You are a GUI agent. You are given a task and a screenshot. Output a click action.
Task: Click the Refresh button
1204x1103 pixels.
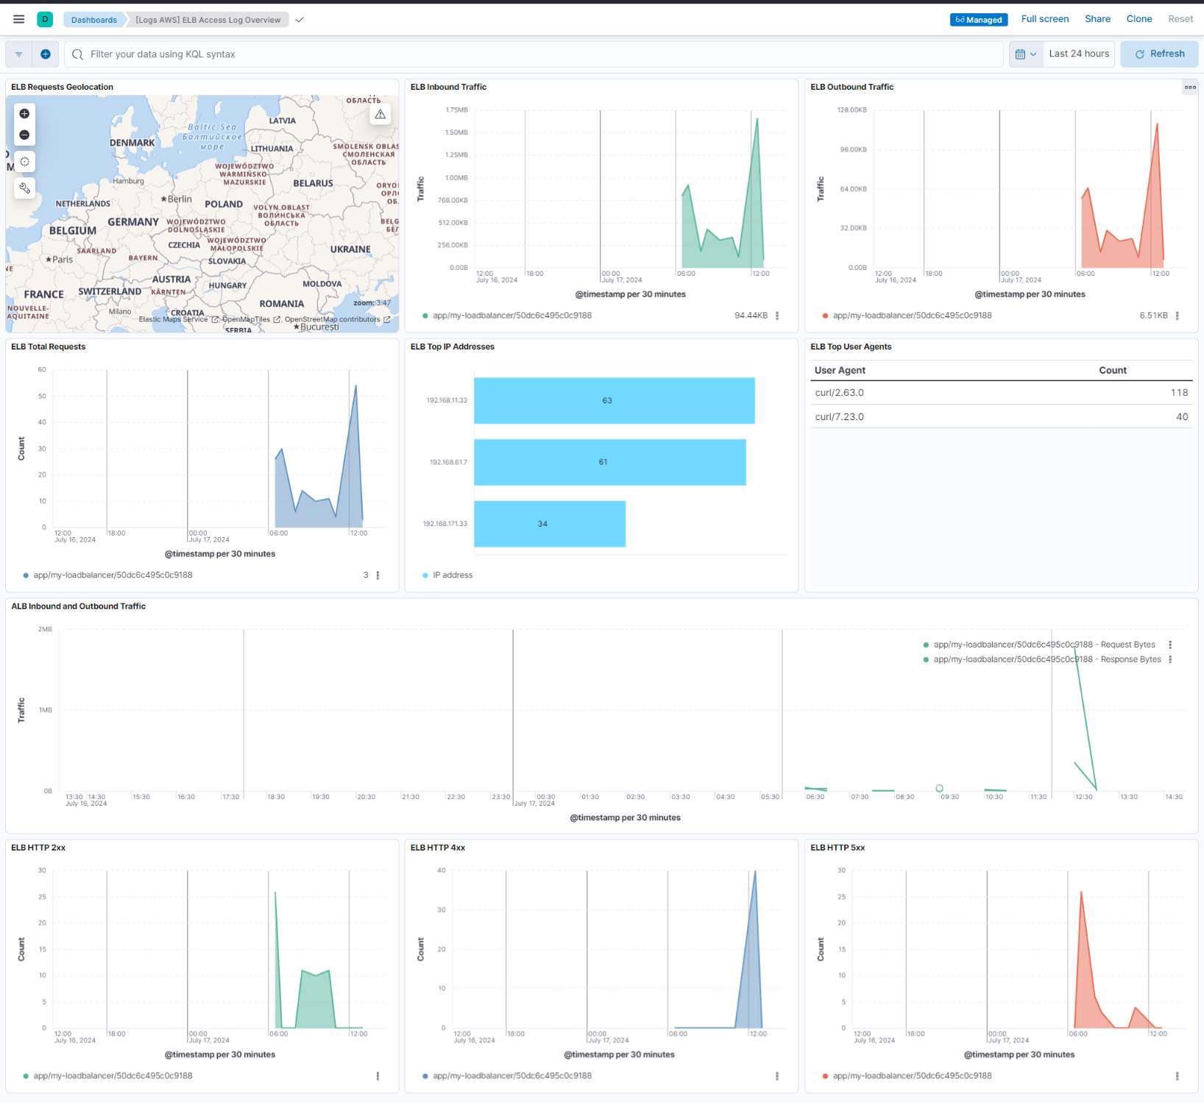click(1159, 54)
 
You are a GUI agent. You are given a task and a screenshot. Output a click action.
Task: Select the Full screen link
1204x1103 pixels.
click(1044, 19)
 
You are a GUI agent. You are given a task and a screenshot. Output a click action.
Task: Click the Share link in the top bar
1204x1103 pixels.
click(1097, 19)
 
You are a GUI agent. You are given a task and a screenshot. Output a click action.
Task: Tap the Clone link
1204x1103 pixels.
click(1139, 19)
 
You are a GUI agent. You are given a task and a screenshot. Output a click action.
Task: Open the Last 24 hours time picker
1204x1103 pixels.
click(1078, 54)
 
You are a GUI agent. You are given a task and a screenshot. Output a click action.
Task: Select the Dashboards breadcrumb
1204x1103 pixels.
click(93, 20)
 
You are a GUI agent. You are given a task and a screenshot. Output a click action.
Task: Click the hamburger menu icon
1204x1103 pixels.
click(19, 19)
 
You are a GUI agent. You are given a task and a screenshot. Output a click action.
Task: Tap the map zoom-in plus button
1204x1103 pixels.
click(24, 113)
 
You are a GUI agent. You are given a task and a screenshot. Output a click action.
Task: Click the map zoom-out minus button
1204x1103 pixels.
click(24, 135)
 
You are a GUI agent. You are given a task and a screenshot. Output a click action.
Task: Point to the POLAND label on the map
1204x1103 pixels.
click(223, 204)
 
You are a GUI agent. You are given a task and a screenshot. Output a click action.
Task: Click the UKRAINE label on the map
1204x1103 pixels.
click(350, 249)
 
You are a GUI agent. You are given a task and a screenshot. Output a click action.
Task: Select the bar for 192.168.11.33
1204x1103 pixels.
click(614, 400)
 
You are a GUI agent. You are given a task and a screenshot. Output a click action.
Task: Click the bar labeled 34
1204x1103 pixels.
click(549, 524)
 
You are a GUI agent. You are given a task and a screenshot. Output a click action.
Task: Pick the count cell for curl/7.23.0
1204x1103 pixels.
click(1181, 416)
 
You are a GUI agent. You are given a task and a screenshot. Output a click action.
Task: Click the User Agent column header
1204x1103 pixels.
click(840, 370)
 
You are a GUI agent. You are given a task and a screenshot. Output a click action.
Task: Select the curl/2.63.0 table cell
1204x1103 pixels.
click(840, 393)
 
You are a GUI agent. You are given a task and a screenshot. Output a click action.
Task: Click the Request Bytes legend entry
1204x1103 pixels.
click(1044, 645)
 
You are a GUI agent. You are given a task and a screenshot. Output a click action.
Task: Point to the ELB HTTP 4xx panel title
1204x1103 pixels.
click(437, 848)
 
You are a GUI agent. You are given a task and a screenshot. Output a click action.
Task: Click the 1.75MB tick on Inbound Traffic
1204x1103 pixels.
click(456, 110)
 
